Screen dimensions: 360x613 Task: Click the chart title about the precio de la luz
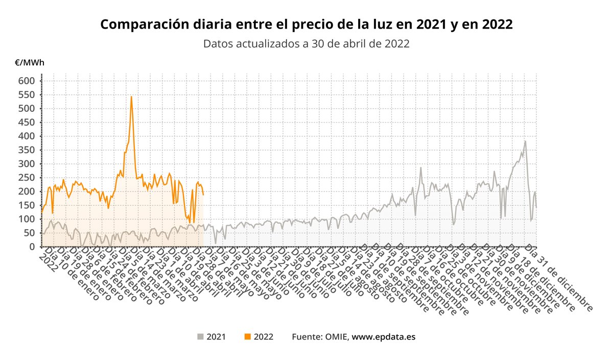pyautogui.click(x=306, y=25)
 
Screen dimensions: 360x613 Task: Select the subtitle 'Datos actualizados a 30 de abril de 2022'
pyautogui.click(x=306, y=43)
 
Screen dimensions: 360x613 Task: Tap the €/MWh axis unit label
pyautogui.click(x=29, y=63)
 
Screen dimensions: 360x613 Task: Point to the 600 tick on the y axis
pyautogui.click(x=27, y=81)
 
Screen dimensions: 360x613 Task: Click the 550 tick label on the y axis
pyautogui.click(x=27, y=94)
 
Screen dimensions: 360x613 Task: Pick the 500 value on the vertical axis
pyautogui.click(x=27, y=108)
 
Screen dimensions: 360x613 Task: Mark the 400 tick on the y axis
pyautogui.click(x=27, y=136)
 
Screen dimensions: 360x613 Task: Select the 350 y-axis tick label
pyautogui.click(x=27, y=150)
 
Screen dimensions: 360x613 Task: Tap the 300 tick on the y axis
pyautogui.click(x=27, y=164)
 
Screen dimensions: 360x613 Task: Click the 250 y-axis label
pyautogui.click(x=27, y=178)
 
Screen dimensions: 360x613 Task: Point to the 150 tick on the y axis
pyautogui.click(x=27, y=205)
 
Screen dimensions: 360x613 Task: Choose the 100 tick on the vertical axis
pyautogui.click(x=27, y=219)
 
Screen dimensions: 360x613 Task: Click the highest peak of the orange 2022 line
pyautogui.click(x=131, y=97)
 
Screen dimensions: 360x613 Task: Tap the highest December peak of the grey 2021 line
pyautogui.click(x=525, y=141)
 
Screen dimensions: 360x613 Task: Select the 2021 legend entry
pyautogui.click(x=211, y=337)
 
